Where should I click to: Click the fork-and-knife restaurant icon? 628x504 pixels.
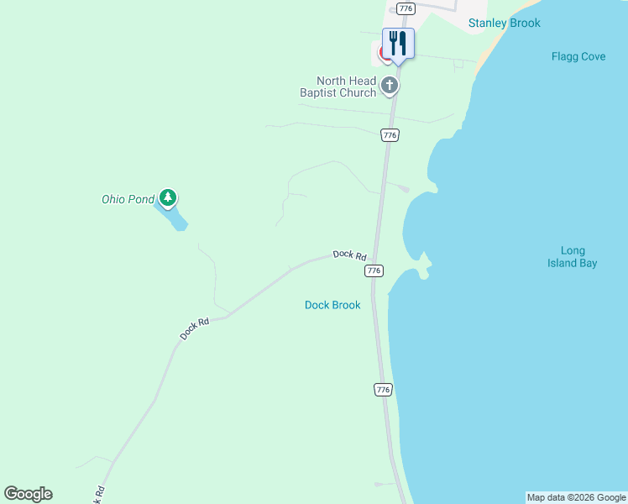pos(398,44)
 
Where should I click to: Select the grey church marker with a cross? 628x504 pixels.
pos(390,85)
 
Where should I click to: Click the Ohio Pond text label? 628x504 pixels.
pos(128,199)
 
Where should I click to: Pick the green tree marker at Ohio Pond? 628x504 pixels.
pos(169,198)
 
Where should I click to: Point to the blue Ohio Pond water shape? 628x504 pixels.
pos(175,220)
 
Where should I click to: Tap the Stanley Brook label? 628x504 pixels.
pos(504,24)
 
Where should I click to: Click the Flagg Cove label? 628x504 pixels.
pos(578,57)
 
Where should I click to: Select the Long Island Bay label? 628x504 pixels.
pos(573,257)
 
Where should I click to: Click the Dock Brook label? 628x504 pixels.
pos(332,305)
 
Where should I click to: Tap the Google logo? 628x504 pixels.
pos(28,494)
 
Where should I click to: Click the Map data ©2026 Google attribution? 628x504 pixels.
pos(576,498)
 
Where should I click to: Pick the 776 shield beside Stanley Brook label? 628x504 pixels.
pos(406,8)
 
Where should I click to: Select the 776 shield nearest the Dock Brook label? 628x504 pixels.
pos(374,270)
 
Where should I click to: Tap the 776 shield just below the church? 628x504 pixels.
pos(389,135)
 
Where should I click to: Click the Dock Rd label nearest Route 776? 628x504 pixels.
pos(349,255)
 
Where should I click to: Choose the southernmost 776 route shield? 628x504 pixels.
pos(383,390)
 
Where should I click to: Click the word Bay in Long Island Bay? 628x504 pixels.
pos(588,263)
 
